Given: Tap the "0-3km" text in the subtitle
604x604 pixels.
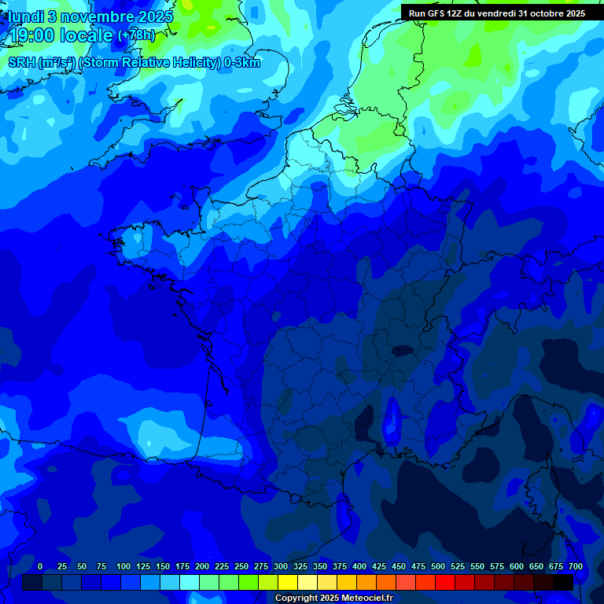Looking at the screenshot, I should tap(242, 63).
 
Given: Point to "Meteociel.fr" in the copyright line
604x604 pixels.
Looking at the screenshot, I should tap(366, 598).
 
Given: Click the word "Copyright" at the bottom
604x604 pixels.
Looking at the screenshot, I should tap(297, 598).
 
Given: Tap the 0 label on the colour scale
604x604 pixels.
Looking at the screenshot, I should tap(40, 566).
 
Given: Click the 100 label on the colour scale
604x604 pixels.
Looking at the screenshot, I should tap(123, 566).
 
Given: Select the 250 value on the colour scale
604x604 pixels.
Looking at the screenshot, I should tap(241, 566).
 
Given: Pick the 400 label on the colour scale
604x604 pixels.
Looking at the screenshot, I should tap(359, 566).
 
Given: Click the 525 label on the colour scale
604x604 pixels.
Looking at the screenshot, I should tap(458, 566).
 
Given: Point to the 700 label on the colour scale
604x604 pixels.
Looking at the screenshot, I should tap(576, 566).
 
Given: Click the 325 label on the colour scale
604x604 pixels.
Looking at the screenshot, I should tap(300, 566).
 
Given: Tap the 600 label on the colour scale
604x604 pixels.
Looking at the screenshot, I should tap(517, 566).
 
